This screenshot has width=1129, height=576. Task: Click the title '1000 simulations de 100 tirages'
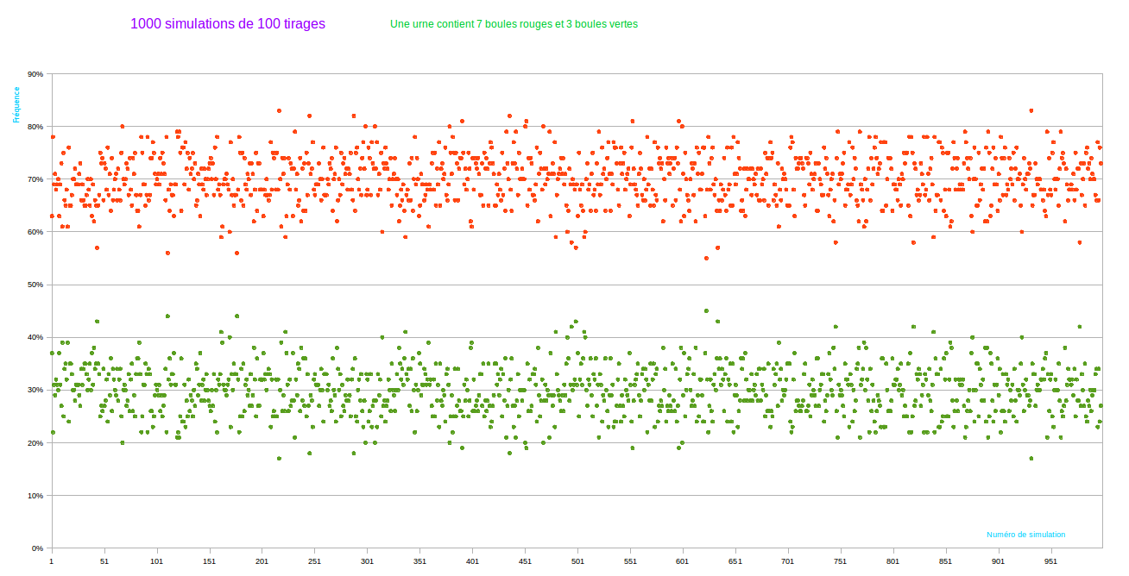(x=228, y=24)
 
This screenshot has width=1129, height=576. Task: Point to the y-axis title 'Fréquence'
(x=16, y=104)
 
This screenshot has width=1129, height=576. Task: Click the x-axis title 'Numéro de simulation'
(x=1025, y=535)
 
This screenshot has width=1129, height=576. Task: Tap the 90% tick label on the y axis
(x=35, y=74)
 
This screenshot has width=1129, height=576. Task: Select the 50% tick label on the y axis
(x=35, y=285)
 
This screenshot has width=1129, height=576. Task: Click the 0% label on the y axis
(x=37, y=548)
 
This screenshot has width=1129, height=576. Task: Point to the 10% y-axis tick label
(x=35, y=496)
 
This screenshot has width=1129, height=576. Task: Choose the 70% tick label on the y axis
(x=35, y=179)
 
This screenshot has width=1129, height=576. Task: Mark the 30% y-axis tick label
(x=35, y=390)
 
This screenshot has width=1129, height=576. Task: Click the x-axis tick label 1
(x=52, y=561)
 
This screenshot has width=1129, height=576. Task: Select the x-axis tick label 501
(x=577, y=561)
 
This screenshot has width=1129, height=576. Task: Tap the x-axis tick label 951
(x=1050, y=561)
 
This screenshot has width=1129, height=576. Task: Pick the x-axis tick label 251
(x=314, y=561)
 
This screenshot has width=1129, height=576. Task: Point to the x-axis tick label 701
(x=788, y=561)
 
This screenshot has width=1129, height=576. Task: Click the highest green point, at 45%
(x=706, y=310)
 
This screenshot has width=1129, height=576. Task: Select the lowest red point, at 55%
(x=706, y=258)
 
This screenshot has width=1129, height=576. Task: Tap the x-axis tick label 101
(x=156, y=561)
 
